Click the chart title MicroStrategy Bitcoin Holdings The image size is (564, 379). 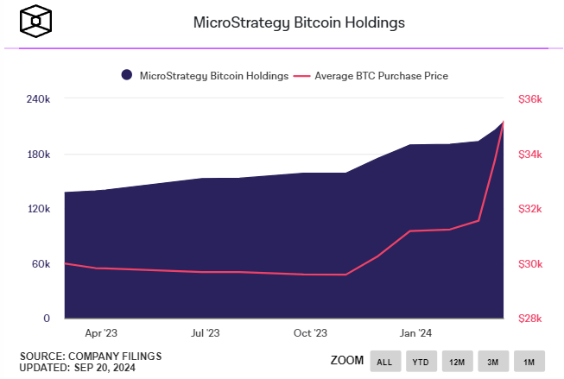point(300,23)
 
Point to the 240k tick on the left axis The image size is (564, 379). point(40,99)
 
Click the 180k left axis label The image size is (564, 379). point(40,155)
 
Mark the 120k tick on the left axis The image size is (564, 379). point(40,209)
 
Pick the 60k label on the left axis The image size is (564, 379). point(42,263)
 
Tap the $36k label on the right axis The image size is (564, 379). point(529,99)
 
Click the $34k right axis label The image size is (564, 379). point(529,155)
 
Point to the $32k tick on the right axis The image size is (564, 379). point(529,209)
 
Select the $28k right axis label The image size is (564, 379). point(529,319)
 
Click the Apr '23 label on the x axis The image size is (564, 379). point(101,332)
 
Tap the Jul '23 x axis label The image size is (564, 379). point(206,332)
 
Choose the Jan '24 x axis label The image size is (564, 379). point(417,332)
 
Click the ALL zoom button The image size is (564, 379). point(385,361)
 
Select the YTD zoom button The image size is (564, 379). point(421,361)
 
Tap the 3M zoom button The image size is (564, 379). point(493,361)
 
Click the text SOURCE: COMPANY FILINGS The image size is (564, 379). point(91,356)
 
